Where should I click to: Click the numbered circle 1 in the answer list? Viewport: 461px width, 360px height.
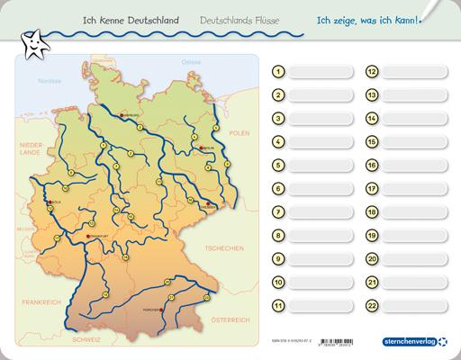pyautogui.click(x=279, y=72)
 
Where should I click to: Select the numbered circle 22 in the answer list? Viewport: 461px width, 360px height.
pyautogui.click(x=371, y=306)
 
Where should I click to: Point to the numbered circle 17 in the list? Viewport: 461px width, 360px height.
pyautogui.click(x=371, y=189)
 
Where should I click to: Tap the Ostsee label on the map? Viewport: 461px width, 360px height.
pyautogui.click(x=191, y=61)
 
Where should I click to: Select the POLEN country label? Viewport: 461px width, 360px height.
pyautogui.click(x=238, y=132)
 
